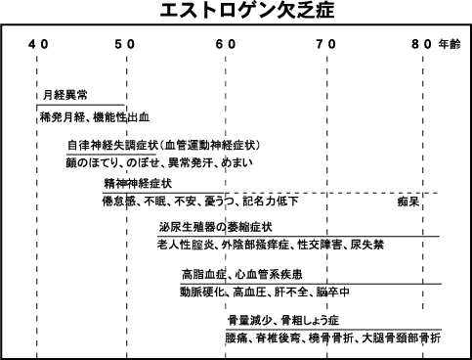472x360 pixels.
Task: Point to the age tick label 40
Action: pyautogui.click(x=37, y=45)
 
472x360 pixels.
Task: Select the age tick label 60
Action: pyautogui.click(x=225, y=45)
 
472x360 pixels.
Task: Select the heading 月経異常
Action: pyautogui.click(x=62, y=97)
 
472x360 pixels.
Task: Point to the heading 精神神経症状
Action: pyautogui.click(x=138, y=183)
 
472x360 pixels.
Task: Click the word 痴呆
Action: pyautogui.click(x=408, y=202)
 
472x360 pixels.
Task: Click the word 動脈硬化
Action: pyautogui.click(x=201, y=292)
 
